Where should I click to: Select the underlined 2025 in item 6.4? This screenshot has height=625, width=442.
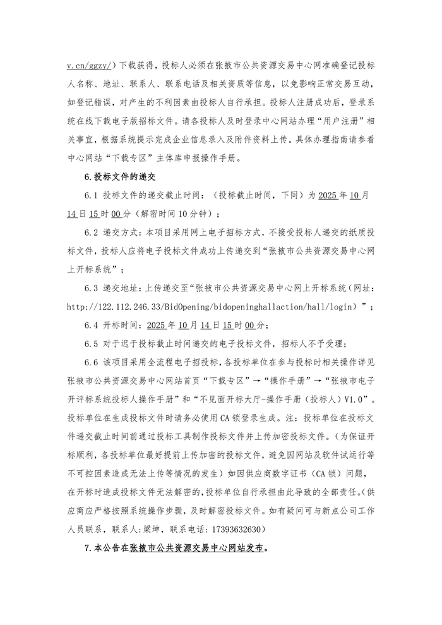[156, 325]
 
